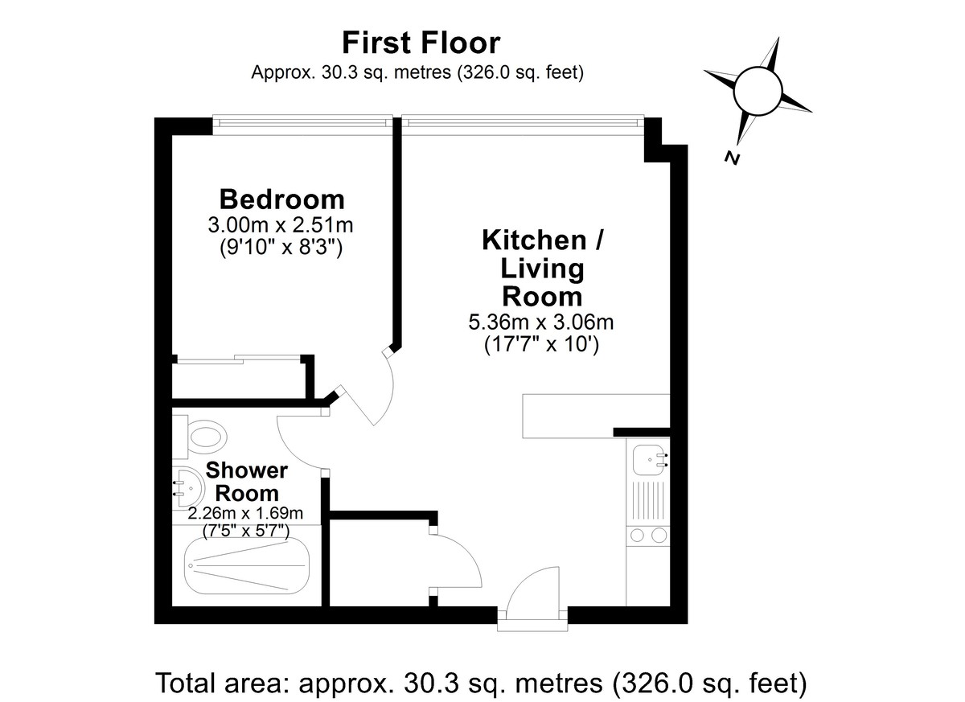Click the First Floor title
click(x=421, y=43)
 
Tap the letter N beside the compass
click(x=732, y=158)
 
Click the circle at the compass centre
click(x=758, y=92)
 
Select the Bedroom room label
click(x=282, y=199)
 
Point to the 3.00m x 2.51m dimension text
click(x=281, y=225)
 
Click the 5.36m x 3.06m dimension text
click(x=541, y=322)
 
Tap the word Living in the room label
click(x=542, y=269)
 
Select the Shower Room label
click(x=246, y=482)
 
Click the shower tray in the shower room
click(x=248, y=566)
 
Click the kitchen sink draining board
click(x=648, y=503)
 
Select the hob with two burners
click(x=648, y=536)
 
